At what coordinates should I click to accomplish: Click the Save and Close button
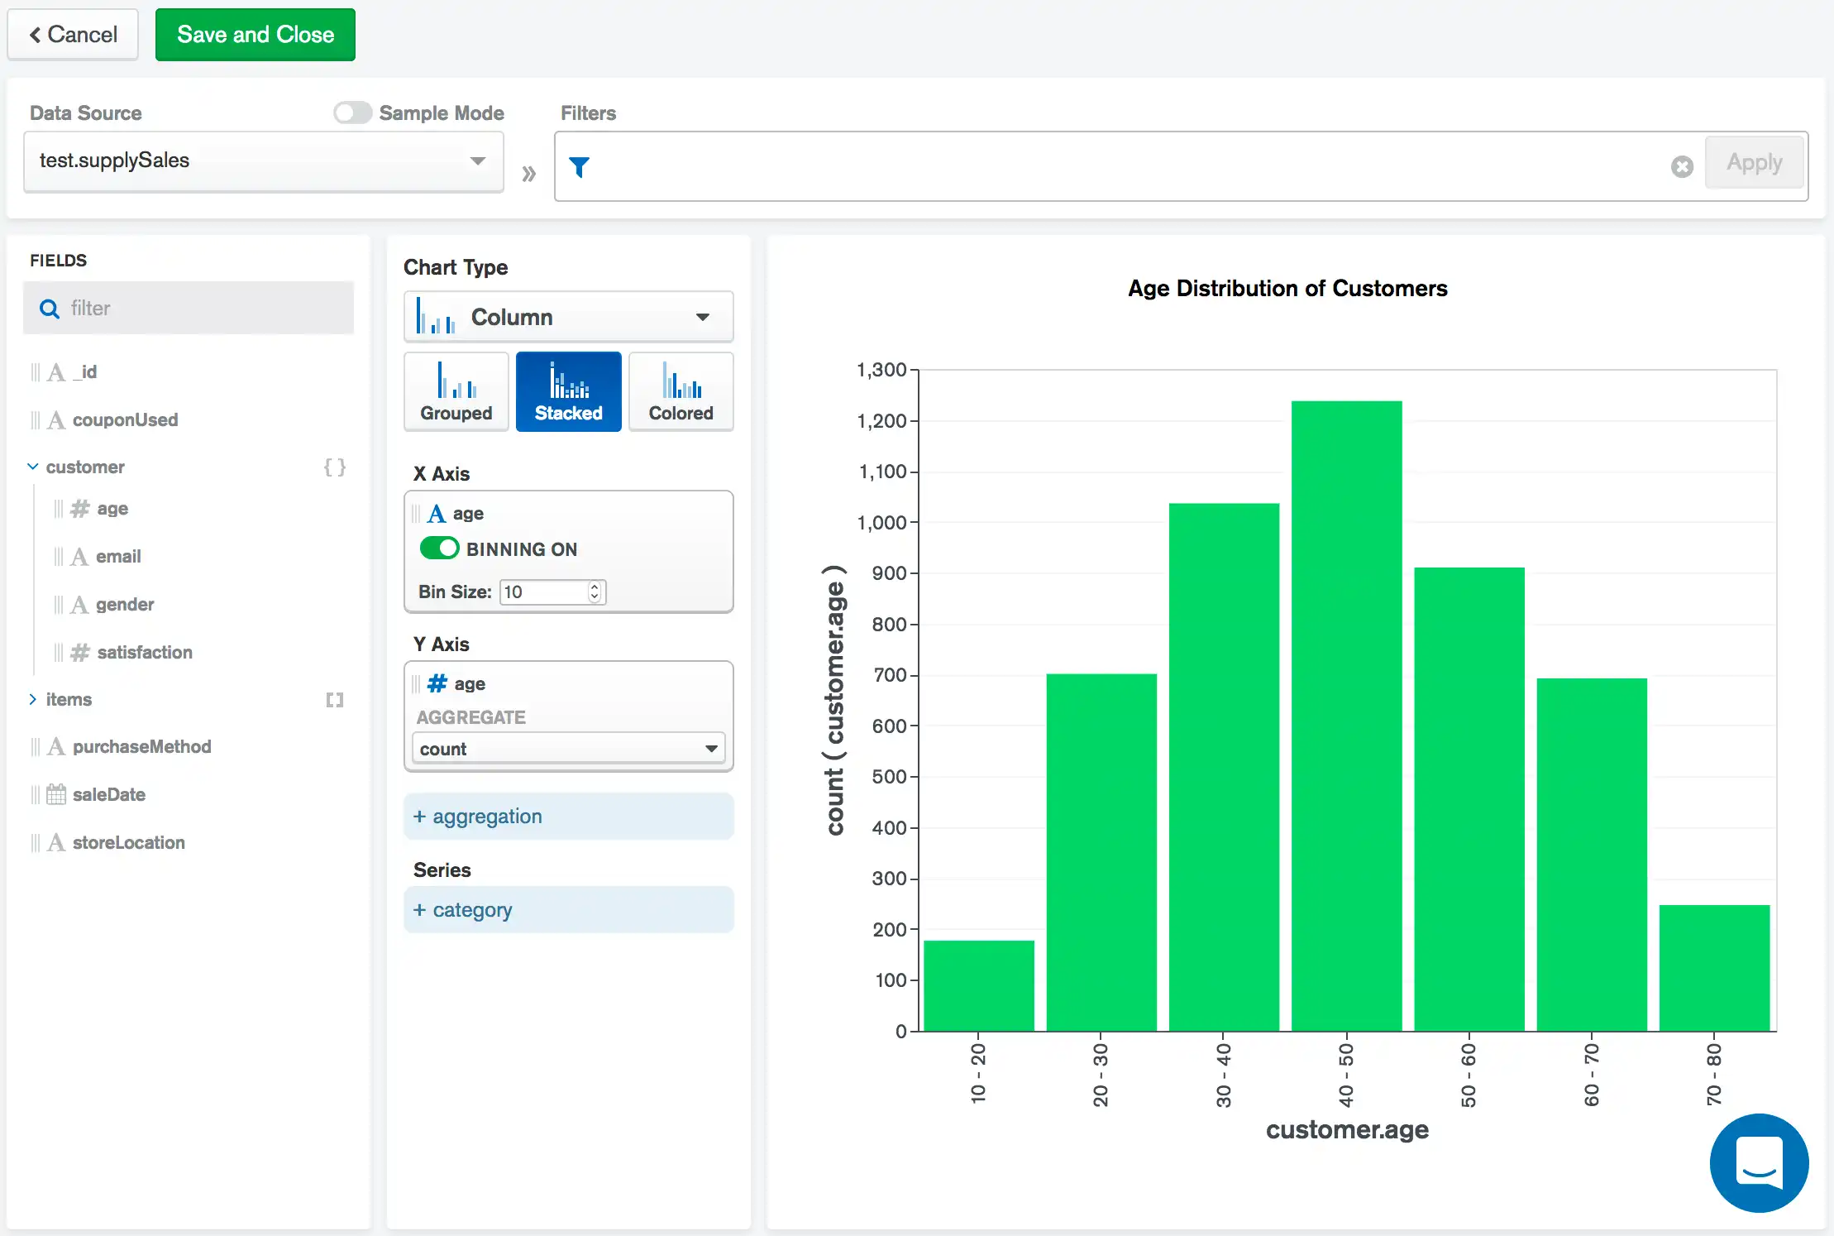(x=255, y=35)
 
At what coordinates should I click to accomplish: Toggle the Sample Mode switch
(x=353, y=113)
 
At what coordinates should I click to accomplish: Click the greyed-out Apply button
(x=1754, y=163)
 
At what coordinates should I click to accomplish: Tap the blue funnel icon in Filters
(x=580, y=167)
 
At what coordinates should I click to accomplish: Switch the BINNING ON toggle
(x=439, y=549)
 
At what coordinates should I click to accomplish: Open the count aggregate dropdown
(x=568, y=749)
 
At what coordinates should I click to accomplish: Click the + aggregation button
(x=568, y=817)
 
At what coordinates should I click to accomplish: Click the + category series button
(x=568, y=910)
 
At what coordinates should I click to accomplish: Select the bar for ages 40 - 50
(x=1346, y=716)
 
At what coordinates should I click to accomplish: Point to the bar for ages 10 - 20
(x=978, y=985)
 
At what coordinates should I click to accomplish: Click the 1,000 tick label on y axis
(x=881, y=523)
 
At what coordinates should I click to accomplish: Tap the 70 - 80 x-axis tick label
(x=1713, y=1074)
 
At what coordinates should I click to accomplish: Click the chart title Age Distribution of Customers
(x=1287, y=289)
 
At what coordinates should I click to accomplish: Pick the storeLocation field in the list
(x=128, y=842)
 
